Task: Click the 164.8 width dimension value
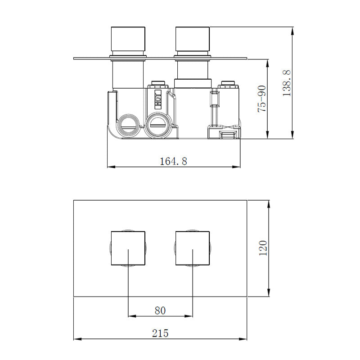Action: click(173, 161)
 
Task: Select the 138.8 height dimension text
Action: click(287, 82)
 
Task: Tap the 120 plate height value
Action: click(263, 248)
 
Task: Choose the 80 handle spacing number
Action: click(160, 310)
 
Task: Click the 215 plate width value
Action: click(160, 333)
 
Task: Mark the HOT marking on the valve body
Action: click(158, 99)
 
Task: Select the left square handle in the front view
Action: click(128, 249)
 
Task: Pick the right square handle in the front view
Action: click(193, 249)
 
